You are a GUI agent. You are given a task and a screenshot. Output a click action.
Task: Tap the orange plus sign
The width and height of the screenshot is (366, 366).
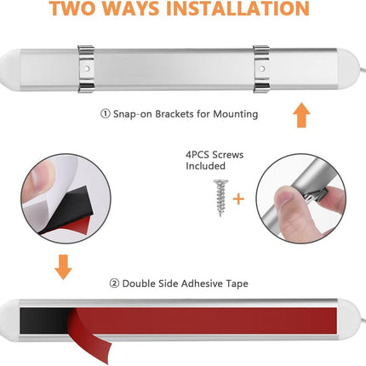[238, 199]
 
